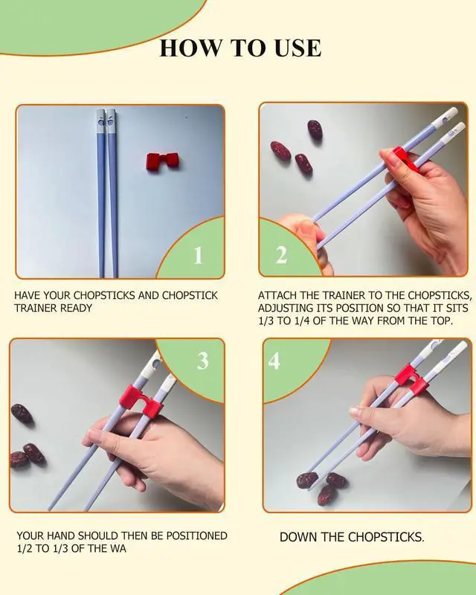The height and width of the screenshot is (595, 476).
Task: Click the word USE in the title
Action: pos(297,48)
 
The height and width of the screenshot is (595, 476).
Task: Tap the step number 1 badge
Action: pos(198,255)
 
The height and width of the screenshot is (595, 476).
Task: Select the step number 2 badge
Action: pos(281,255)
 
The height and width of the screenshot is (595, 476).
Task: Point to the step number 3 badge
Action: pos(203,361)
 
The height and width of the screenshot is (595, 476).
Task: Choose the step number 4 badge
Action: pos(274,361)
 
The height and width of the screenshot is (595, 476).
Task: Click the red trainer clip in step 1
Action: pos(163,161)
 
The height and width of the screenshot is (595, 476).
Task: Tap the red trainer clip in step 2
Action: pos(405,158)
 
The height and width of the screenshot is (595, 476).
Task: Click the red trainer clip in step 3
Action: pos(141,401)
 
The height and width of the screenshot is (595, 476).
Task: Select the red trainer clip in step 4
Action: pos(411,379)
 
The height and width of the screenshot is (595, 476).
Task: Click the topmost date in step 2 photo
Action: pos(315,130)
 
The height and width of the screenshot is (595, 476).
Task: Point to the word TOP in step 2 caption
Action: pos(443,321)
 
